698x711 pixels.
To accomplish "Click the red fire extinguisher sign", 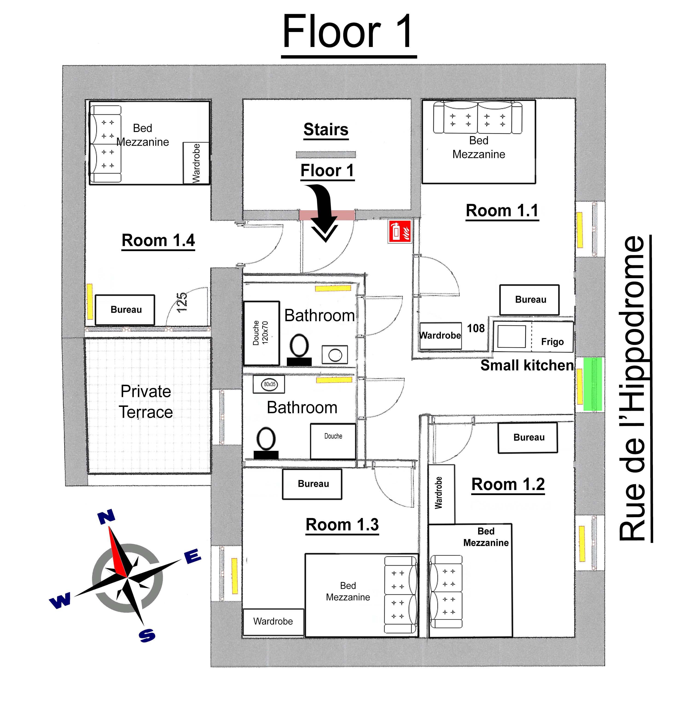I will click(x=400, y=231).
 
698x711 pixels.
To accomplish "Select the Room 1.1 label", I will click(x=502, y=211).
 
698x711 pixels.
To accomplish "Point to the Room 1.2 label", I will click(x=508, y=484).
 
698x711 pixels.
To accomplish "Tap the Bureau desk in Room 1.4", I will click(x=125, y=310).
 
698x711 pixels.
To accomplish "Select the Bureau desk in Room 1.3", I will click(x=312, y=484).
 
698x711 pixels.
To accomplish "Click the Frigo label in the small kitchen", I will click(x=552, y=342).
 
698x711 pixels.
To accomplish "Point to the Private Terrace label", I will click(x=146, y=402).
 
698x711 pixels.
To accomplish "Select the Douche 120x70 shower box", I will click(x=261, y=333).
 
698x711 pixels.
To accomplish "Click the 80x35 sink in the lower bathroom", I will click(x=269, y=384).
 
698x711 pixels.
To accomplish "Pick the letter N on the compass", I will click(x=106, y=517).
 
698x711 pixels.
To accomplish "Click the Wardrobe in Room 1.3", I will click(x=273, y=621).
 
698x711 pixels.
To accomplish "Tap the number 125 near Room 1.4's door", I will click(x=182, y=302).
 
